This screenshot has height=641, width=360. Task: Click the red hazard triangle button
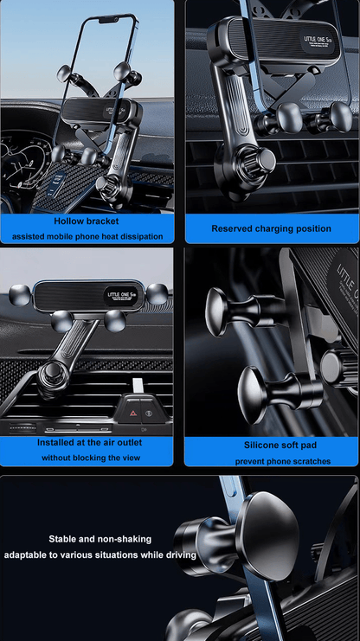click(132, 413)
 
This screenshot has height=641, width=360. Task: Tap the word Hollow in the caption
click(67, 221)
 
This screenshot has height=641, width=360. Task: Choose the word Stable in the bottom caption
click(62, 539)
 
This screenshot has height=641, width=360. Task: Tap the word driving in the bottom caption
click(181, 555)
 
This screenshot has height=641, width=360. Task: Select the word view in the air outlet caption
click(131, 458)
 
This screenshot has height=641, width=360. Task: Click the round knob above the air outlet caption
click(51, 373)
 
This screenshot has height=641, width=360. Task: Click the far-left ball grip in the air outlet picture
click(19, 295)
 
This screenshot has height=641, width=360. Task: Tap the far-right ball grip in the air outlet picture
click(157, 293)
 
